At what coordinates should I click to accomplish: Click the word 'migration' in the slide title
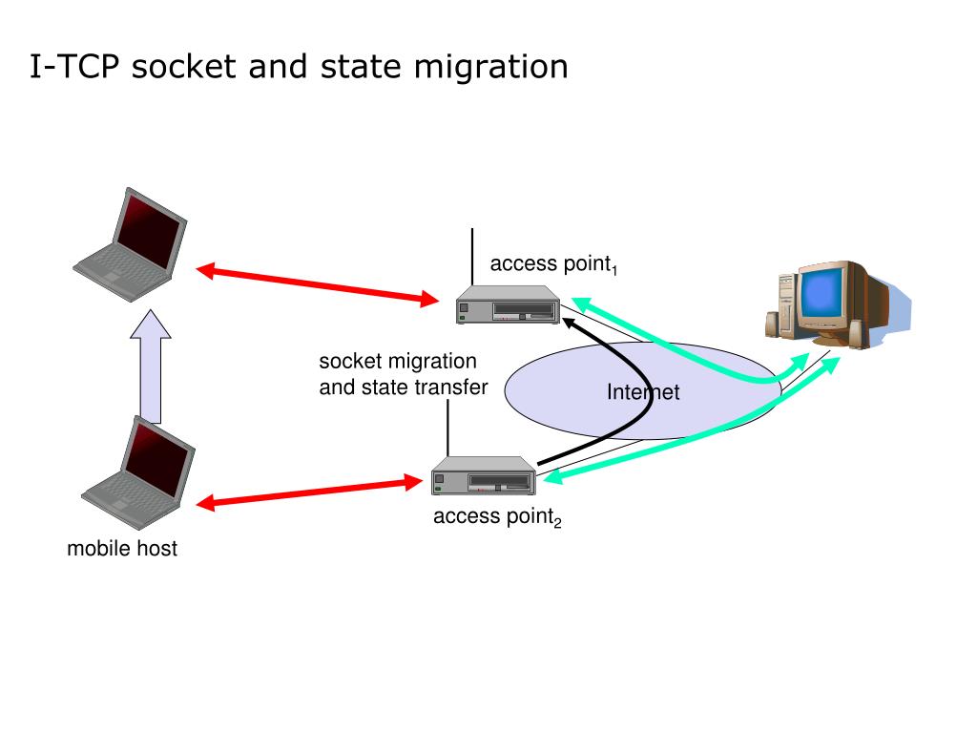[x=491, y=68]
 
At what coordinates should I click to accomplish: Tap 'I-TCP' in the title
[x=74, y=66]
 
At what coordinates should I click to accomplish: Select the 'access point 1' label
[x=554, y=264]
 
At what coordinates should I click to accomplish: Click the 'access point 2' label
[x=497, y=516]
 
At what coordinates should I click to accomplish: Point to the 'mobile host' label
[x=122, y=549]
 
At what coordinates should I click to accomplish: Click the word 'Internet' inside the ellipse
[x=643, y=392]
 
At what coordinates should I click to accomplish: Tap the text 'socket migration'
[x=398, y=362]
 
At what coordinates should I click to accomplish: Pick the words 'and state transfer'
[x=404, y=387]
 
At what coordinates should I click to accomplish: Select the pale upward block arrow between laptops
[x=150, y=366]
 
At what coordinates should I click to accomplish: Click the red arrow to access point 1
[x=317, y=285]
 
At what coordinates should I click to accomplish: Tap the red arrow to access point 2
[x=309, y=492]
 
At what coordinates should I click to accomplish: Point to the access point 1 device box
[x=508, y=304]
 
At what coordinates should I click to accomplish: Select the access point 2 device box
[x=484, y=475]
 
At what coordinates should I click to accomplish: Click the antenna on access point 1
[x=472, y=257]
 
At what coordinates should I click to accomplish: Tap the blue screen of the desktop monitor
[x=822, y=294]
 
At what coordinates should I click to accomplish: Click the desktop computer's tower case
[x=786, y=304]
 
